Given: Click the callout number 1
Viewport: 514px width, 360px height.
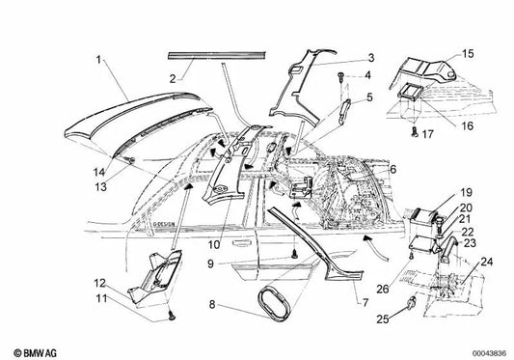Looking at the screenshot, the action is (x=98, y=60).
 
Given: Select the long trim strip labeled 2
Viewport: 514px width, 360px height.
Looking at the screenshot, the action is (x=217, y=55).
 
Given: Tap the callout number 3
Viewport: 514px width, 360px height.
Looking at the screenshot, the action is (x=370, y=58).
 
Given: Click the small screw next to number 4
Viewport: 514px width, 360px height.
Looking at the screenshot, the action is (x=340, y=76).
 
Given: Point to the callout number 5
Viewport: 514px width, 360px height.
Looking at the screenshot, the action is (x=369, y=97).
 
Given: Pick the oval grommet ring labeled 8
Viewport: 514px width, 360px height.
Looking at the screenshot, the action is (x=275, y=303).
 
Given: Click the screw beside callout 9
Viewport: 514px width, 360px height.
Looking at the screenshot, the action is (x=294, y=254).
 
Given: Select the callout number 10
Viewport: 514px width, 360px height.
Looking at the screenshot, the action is (x=214, y=244).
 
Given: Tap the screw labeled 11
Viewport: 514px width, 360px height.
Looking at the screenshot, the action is (x=172, y=316).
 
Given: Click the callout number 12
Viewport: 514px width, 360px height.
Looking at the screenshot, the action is (x=99, y=283).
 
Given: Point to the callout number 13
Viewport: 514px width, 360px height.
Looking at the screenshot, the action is (x=100, y=186).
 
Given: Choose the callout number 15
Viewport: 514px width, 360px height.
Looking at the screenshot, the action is (x=468, y=53).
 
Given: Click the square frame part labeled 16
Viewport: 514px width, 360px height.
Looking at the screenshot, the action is (x=409, y=91).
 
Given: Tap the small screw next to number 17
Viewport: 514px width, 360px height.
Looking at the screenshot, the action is (x=415, y=132).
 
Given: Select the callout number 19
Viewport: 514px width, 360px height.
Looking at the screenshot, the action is (x=466, y=192).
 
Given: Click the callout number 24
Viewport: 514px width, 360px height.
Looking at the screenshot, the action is (x=486, y=262).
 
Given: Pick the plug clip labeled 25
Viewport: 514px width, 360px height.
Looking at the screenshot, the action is (x=412, y=301).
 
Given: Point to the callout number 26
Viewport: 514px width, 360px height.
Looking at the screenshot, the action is (x=382, y=290).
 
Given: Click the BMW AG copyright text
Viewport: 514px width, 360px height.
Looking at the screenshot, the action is (x=35, y=353).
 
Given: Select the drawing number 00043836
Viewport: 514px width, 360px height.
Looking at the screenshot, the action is (x=489, y=353).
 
